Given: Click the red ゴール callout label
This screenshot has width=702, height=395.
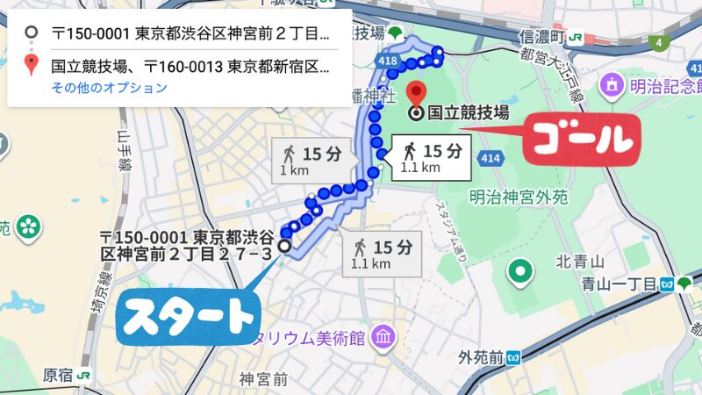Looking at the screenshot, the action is tap(578, 138).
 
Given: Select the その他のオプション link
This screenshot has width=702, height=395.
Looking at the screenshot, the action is tap(109, 87).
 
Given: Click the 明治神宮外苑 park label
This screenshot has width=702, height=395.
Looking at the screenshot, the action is tap(518, 197).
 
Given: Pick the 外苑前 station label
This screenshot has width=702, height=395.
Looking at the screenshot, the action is tap(480, 357).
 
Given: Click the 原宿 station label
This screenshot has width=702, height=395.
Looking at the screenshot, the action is tap(59, 374).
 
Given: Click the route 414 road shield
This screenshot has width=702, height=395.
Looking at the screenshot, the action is tap(491, 156).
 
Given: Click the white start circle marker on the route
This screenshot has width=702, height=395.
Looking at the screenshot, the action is tap(284, 247).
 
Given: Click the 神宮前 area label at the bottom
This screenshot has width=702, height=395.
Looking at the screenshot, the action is tap(263, 379).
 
